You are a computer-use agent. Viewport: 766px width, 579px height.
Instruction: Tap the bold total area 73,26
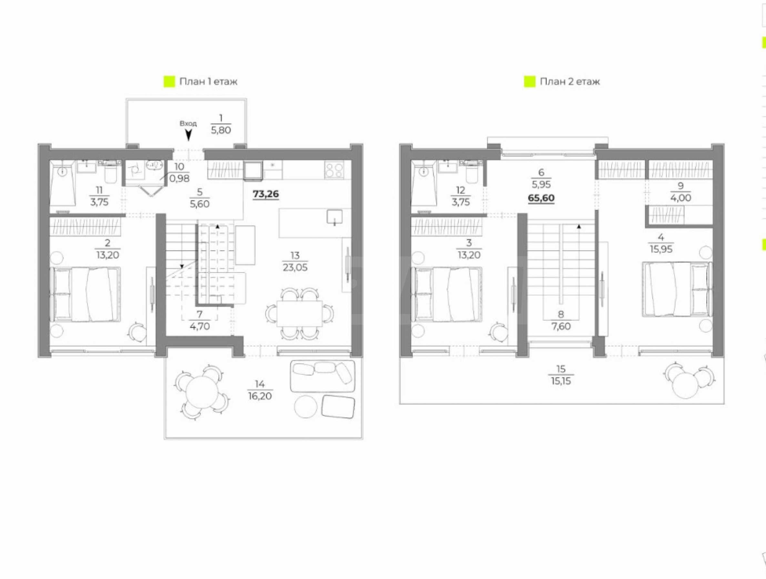tap(266, 194)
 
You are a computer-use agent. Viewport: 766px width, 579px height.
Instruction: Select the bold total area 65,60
tap(541, 198)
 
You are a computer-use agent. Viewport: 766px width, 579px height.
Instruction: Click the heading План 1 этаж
tap(208, 81)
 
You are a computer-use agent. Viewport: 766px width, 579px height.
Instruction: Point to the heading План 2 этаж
tap(569, 81)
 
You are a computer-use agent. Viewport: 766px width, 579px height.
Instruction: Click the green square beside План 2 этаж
tap(529, 82)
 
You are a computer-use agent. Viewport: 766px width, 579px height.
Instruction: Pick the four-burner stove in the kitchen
tap(334, 171)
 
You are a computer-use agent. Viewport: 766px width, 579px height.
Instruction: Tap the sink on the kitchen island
tap(335, 217)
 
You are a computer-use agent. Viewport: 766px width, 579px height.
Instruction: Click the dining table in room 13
tap(299, 313)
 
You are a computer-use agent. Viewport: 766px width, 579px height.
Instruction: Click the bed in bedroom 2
tap(86, 294)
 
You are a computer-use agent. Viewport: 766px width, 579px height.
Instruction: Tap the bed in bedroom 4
tap(677, 289)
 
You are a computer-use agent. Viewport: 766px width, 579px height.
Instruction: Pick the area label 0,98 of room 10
tap(179, 179)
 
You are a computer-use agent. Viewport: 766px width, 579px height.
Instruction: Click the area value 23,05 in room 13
tap(295, 267)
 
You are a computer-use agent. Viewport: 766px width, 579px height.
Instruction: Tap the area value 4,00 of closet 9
tap(680, 198)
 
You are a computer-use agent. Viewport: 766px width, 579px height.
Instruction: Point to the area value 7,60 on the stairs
tap(561, 326)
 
